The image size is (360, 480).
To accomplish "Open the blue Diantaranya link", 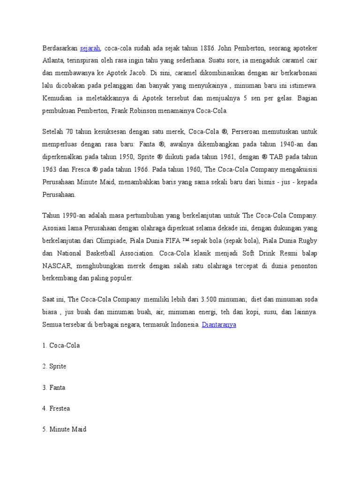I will [219, 324].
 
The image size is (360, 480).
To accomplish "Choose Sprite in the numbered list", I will [58, 366].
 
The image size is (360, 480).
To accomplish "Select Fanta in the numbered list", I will [57, 387].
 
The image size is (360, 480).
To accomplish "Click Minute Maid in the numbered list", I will [68, 429].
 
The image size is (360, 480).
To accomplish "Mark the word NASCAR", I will [57, 266].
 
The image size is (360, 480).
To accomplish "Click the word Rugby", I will [308, 240].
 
